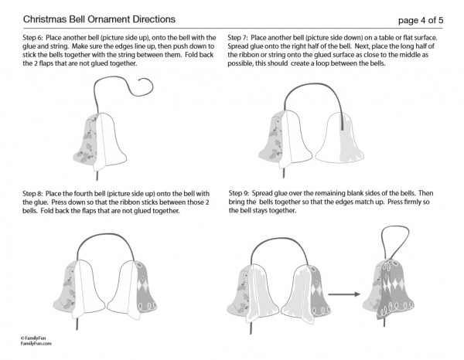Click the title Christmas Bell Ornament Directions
click(99, 19)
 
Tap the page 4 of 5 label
click(421, 20)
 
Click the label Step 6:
click(32, 38)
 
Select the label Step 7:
click(237, 38)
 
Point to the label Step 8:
click(32, 194)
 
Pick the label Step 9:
click(239, 194)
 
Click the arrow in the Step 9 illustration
click(344, 294)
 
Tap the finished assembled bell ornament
click(388, 290)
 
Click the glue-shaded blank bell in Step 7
click(339, 138)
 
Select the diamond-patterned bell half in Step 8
click(145, 288)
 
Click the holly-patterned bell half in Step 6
click(86, 141)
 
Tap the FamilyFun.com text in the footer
click(36, 344)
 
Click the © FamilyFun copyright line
click(33, 338)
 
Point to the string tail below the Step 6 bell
click(97, 175)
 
